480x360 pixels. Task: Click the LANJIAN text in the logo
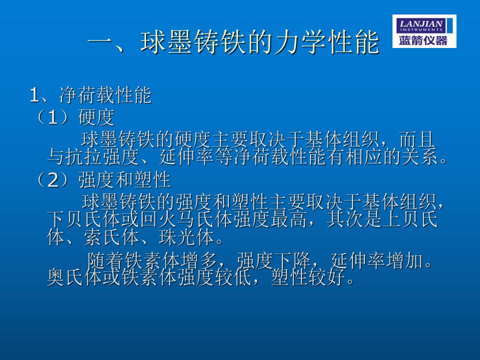click(x=421, y=23)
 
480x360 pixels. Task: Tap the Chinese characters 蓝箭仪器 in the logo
click(x=423, y=40)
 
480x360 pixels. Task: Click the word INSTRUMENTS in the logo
click(x=421, y=29)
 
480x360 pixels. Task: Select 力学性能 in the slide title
click(x=327, y=42)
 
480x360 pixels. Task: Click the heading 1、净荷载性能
click(x=90, y=95)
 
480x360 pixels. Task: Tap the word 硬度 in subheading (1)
click(x=96, y=117)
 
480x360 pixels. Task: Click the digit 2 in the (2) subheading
click(x=53, y=179)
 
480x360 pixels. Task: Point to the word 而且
click(x=417, y=139)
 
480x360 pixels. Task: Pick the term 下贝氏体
click(x=84, y=219)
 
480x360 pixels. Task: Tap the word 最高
click(x=288, y=219)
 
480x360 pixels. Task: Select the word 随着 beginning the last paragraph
click(x=105, y=260)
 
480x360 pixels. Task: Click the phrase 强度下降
click(x=273, y=260)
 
